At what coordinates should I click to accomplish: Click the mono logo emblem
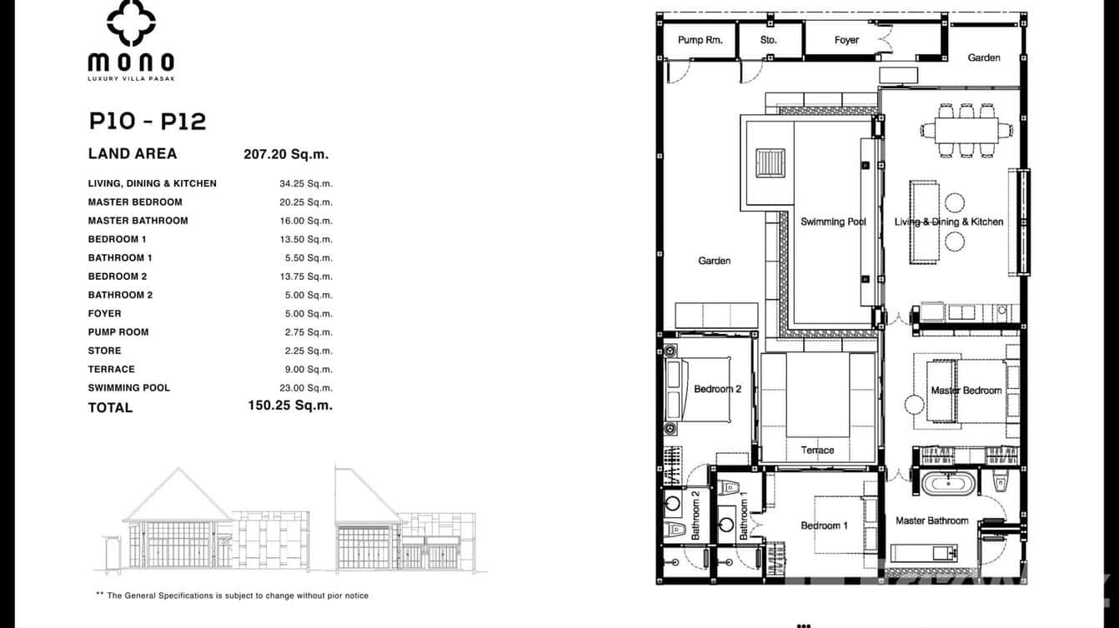click(131, 22)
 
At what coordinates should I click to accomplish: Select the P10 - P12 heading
click(148, 122)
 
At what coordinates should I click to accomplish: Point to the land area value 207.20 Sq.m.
click(286, 154)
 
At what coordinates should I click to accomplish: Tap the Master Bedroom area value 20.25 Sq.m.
click(305, 202)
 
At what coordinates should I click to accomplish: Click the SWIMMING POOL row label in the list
click(129, 388)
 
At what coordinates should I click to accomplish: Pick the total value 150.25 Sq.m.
click(289, 406)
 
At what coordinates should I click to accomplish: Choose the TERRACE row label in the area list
click(111, 370)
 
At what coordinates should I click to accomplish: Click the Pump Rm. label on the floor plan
click(700, 40)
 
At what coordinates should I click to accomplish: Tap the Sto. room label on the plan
click(768, 40)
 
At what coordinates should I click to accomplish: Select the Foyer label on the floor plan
click(846, 40)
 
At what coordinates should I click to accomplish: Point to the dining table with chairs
click(966, 130)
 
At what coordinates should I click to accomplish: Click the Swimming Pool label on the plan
click(833, 222)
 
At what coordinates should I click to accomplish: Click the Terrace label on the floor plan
click(817, 451)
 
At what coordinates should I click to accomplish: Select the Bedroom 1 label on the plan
click(824, 526)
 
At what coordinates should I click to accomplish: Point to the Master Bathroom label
click(931, 521)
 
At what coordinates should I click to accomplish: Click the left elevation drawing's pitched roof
click(178, 495)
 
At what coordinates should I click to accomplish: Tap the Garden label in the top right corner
click(984, 57)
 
